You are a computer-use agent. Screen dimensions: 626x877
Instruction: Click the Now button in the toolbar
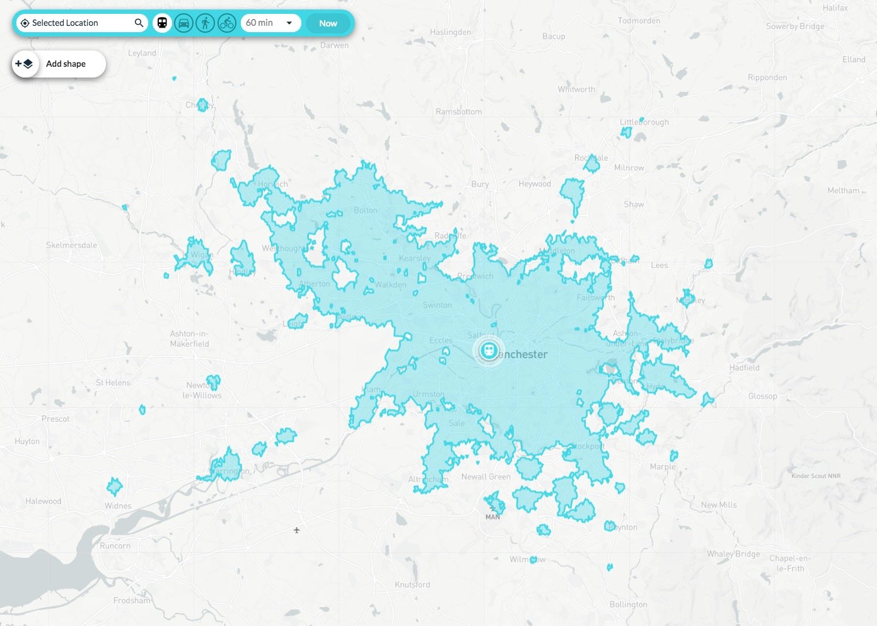(x=328, y=23)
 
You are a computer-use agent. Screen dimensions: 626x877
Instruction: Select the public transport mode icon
(x=162, y=23)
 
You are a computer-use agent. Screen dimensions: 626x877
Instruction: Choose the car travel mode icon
(x=183, y=23)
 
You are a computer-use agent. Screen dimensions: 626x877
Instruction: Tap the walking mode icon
(x=205, y=23)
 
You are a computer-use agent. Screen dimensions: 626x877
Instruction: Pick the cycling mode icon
(x=227, y=23)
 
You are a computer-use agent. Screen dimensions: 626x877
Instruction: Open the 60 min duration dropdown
(x=270, y=23)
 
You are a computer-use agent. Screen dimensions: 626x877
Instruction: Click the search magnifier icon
(x=139, y=23)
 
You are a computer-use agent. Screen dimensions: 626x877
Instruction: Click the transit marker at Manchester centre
(x=488, y=350)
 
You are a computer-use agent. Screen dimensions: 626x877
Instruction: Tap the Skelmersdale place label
(x=71, y=245)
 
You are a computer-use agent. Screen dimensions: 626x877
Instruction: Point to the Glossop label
(x=762, y=396)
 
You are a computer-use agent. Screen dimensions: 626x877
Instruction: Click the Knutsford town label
(x=412, y=584)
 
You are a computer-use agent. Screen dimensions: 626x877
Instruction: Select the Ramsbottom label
(x=458, y=112)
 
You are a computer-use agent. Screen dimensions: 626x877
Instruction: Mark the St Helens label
(x=113, y=383)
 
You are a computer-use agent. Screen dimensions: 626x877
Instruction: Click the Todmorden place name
(x=639, y=21)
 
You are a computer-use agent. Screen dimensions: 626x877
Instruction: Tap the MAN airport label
(x=492, y=517)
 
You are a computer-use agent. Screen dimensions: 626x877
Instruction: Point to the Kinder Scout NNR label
(x=816, y=476)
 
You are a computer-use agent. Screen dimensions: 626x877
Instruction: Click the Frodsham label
(x=132, y=600)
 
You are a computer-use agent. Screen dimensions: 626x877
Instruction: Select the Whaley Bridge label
(x=733, y=554)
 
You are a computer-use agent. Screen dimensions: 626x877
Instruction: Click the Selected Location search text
(x=65, y=23)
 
